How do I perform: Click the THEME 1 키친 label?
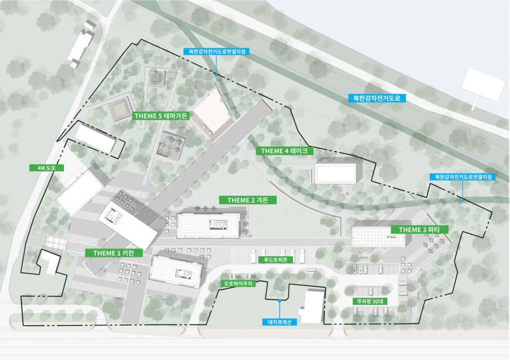113,253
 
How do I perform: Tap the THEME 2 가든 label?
248,200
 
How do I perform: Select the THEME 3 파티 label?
419,230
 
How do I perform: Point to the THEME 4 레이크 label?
285,151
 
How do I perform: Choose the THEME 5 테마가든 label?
161,116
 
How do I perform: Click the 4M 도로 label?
47,168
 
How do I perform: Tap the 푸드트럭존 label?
276,260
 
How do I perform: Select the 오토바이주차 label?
238,283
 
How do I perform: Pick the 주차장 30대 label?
370,301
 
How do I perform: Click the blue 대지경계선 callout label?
280,322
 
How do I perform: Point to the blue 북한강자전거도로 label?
377,98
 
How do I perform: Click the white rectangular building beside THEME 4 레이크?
336,174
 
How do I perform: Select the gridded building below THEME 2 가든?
209,225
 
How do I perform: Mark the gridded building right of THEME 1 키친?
176,272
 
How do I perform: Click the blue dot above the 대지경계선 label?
280,301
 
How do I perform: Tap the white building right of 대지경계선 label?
312,306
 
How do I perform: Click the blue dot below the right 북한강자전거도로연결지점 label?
463,201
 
